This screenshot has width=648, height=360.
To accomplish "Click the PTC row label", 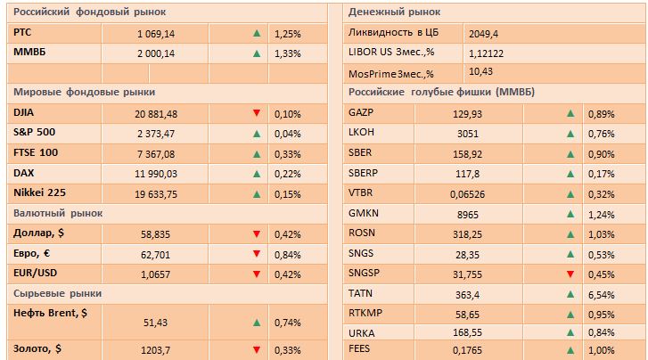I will tap(24, 32).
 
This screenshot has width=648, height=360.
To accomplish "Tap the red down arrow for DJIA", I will tap(257, 113).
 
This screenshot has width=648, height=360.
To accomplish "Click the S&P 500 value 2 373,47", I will tap(157, 134).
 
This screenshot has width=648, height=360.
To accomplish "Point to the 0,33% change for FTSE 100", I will tap(288, 153).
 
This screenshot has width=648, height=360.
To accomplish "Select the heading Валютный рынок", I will tap(58, 213).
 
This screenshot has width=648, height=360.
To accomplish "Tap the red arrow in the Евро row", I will tap(257, 254).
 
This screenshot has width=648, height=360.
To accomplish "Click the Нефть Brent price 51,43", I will tap(157, 322).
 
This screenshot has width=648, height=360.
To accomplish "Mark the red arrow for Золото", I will tap(257, 350).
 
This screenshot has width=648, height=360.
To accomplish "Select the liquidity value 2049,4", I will tap(485, 32).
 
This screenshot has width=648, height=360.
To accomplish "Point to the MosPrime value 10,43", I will tap(481, 71).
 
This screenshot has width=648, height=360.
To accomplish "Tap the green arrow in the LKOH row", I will tap(570, 134).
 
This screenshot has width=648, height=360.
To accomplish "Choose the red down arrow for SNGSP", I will tap(570, 274).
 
